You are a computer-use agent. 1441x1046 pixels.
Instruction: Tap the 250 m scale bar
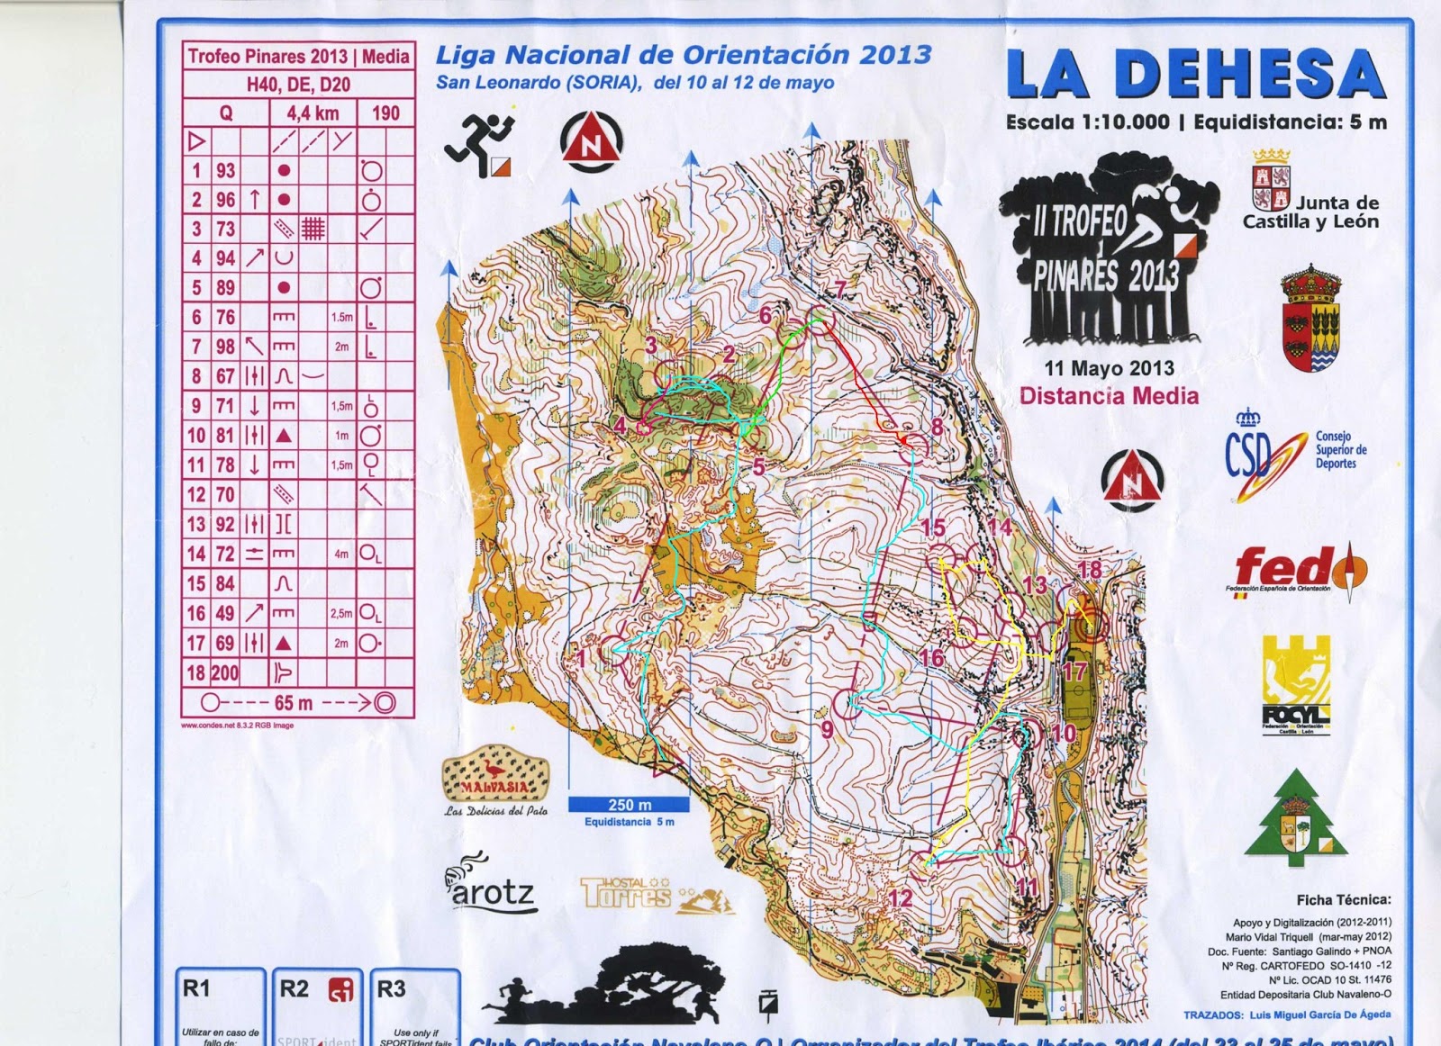[629, 804]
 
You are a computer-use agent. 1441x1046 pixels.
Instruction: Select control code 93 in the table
[225, 170]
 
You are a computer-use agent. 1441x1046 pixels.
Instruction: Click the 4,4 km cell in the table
[313, 113]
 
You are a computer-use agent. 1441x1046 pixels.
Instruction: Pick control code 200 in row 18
[225, 672]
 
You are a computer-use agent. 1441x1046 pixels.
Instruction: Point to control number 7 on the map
[840, 289]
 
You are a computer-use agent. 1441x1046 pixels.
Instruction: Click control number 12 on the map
[900, 897]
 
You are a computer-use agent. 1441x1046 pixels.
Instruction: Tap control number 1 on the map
[581, 658]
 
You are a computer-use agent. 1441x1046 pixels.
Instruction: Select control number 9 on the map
[827, 728]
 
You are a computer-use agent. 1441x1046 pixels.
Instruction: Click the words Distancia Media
[1109, 395]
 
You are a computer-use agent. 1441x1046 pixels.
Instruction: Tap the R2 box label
[295, 988]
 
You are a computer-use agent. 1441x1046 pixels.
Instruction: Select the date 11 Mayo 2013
[1109, 368]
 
